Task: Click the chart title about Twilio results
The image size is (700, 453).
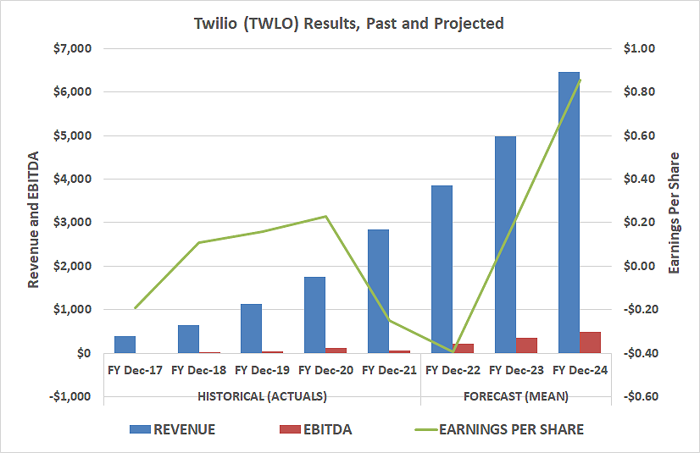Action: (349, 23)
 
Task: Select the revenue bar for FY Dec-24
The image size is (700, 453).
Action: (569, 212)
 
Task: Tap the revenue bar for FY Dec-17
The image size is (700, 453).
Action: (125, 344)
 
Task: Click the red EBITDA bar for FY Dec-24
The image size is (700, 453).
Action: (591, 342)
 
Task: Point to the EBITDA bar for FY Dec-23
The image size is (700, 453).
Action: (527, 345)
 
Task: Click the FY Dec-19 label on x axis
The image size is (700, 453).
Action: (263, 370)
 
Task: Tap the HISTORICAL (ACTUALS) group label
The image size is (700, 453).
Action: (262, 395)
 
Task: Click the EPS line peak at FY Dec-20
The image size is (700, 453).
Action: (326, 216)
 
